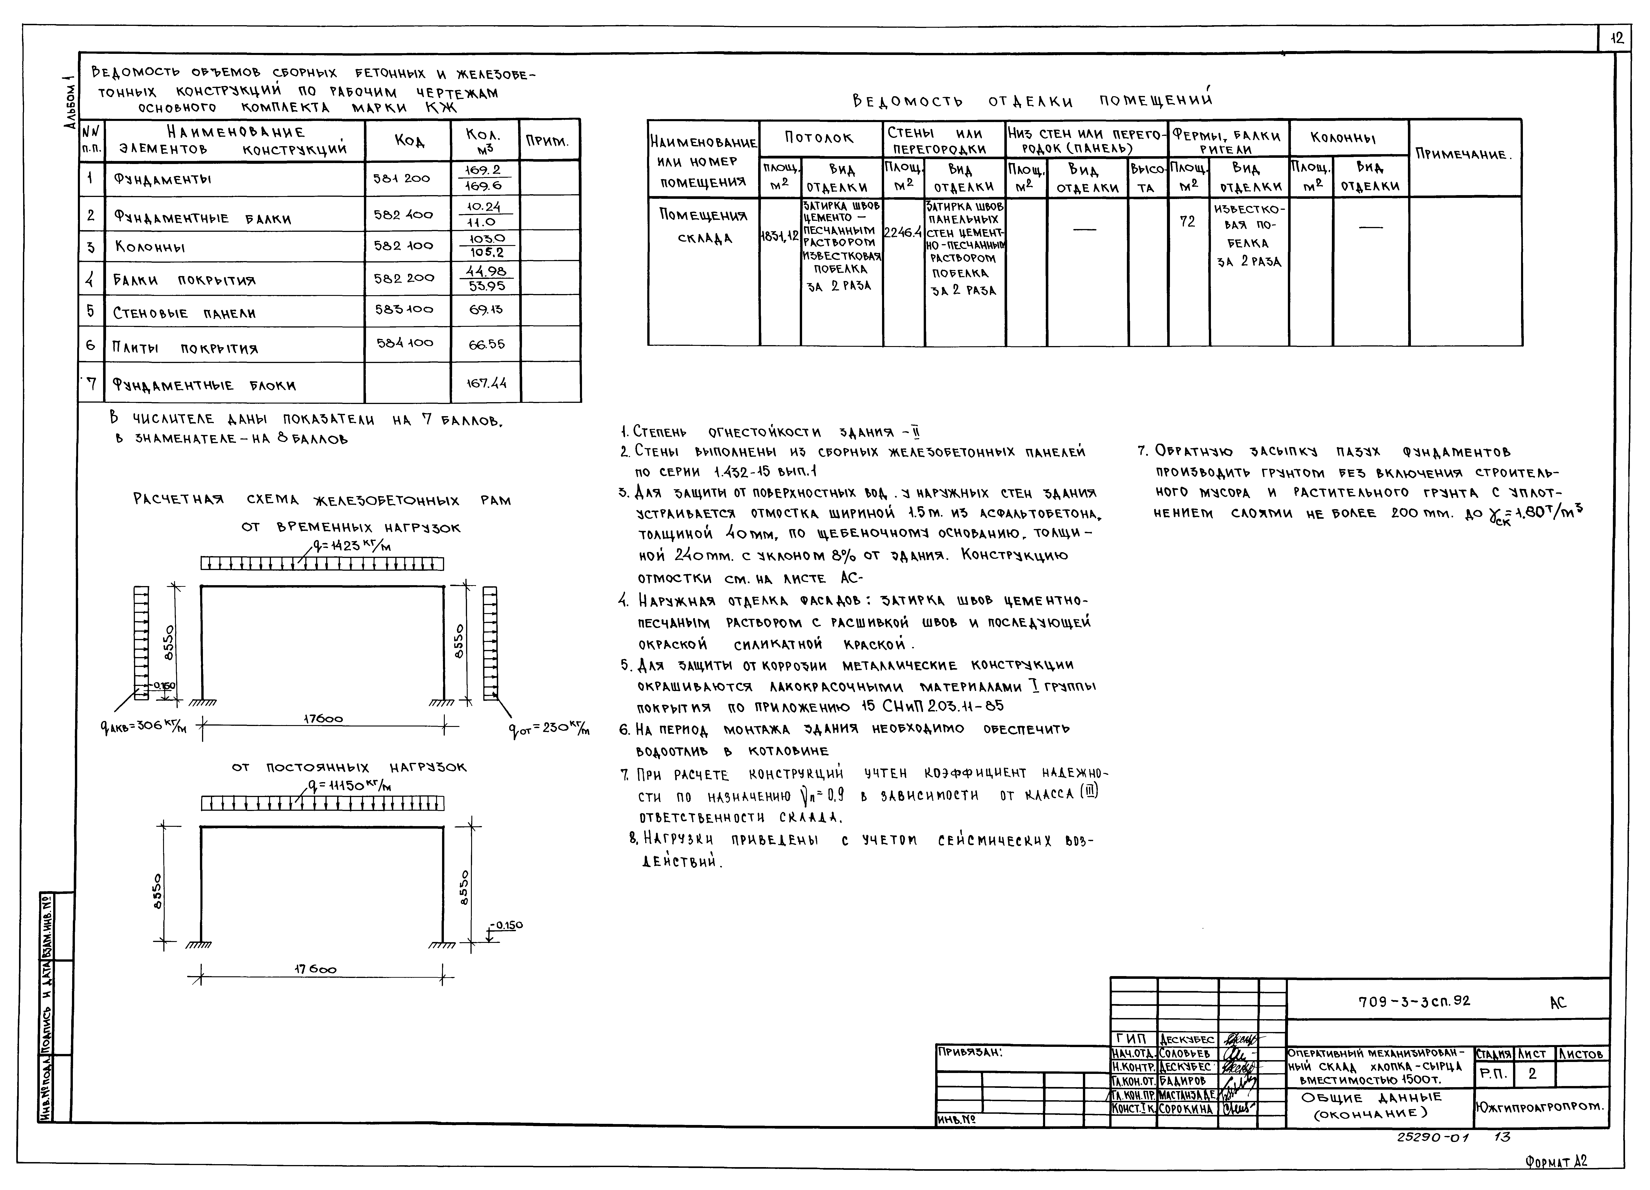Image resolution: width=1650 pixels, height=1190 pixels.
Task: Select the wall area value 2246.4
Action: (x=903, y=233)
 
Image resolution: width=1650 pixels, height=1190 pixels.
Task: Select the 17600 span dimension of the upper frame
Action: (x=323, y=719)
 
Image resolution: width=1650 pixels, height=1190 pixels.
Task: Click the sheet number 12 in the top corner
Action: (x=1617, y=38)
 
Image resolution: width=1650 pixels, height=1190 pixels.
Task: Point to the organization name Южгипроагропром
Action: (x=1539, y=1107)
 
